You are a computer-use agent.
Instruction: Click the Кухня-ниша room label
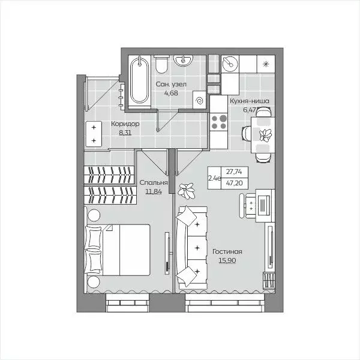(250, 101)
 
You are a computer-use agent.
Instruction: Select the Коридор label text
(125, 124)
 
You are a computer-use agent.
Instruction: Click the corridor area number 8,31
(125, 133)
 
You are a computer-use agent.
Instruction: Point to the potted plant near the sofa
(187, 190)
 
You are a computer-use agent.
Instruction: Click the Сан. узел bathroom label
(171, 84)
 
